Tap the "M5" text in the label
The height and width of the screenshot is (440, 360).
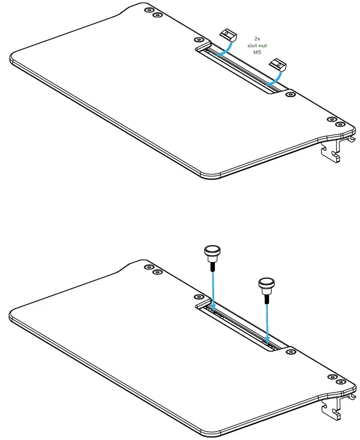click(257, 54)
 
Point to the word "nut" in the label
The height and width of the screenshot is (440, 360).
click(263, 46)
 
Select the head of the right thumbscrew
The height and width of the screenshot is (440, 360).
click(266, 285)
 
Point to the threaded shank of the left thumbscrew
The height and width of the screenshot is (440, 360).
click(212, 264)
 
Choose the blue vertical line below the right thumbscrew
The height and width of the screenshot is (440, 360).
click(267, 321)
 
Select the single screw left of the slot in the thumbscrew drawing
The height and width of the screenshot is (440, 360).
click(199, 297)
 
